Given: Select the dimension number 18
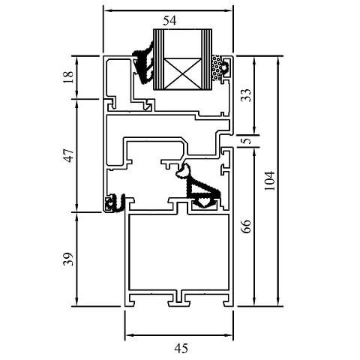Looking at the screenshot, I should (x=69, y=76).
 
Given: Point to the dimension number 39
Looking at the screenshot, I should (x=69, y=259).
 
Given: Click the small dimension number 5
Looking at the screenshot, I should (x=244, y=141).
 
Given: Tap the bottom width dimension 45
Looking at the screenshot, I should (x=180, y=347).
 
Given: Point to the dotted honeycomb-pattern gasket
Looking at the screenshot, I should (x=218, y=69).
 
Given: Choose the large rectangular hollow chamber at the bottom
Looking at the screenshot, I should (x=179, y=253).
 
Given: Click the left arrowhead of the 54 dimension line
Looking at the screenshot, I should (x=105, y=11).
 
